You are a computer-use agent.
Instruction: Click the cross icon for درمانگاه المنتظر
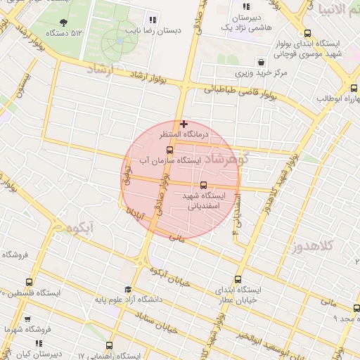(184, 124)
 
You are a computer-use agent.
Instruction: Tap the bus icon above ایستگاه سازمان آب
(169, 150)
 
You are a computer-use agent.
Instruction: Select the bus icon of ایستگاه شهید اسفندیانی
(204, 185)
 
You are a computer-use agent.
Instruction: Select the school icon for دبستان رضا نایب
(153, 19)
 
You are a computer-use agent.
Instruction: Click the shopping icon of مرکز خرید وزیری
(261, 61)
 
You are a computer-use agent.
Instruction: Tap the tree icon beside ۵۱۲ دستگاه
(65, 23)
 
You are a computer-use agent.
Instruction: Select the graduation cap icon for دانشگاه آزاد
(127, 289)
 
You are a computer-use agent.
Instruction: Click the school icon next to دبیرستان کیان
(39, 344)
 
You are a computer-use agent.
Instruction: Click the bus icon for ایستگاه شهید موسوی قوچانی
(307, 33)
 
